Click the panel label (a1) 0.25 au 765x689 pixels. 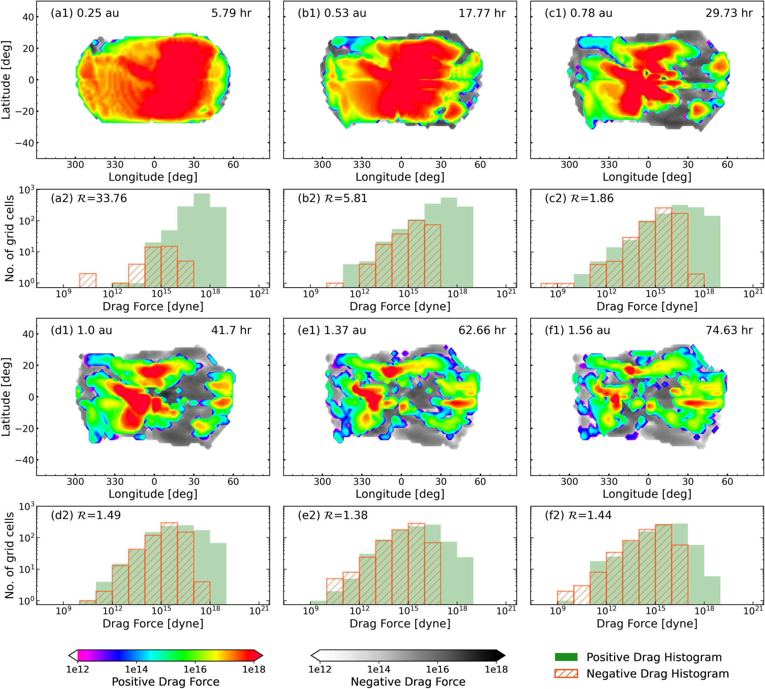[x=85, y=13]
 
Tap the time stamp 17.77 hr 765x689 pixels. [x=482, y=13]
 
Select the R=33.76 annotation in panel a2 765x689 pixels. [x=89, y=198]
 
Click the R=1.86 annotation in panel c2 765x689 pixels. [x=579, y=198]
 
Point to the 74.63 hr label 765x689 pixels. [x=729, y=331]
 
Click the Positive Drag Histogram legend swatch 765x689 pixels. [x=566, y=657]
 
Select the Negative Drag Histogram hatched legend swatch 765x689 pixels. [x=566, y=673]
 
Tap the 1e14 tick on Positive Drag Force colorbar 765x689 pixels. [x=136, y=669]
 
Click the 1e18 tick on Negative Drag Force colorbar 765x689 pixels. [x=496, y=669]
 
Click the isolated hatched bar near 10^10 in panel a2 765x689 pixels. [x=88, y=280]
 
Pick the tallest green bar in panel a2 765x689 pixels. [x=202, y=240]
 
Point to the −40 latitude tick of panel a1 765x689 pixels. [x=25, y=143]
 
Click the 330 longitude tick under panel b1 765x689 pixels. [x=362, y=165]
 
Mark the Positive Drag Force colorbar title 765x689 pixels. [x=165, y=682]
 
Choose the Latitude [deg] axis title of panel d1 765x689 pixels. [x=6, y=397]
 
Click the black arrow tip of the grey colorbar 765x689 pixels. [x=502, y=655]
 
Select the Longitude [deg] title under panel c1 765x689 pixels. [x=647, y=177]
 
